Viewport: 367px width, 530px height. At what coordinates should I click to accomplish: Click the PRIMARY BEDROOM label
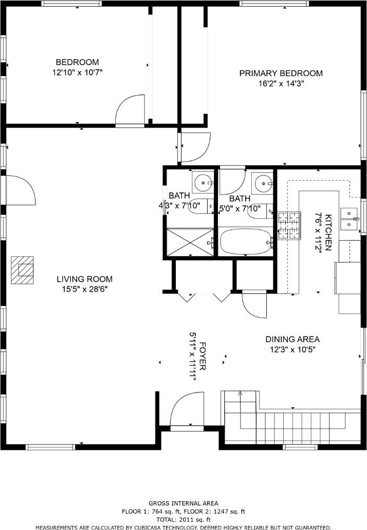point(281,74)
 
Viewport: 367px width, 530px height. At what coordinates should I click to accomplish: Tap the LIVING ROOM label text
point(84,279)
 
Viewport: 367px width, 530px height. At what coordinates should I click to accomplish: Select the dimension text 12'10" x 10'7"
point(77,73)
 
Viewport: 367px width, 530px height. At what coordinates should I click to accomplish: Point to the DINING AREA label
point(292,340)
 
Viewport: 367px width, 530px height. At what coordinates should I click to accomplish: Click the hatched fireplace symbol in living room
point(22,271)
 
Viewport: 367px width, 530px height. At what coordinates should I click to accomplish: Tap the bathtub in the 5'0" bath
point(246,241)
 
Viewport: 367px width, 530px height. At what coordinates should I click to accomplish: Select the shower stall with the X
point(190,242)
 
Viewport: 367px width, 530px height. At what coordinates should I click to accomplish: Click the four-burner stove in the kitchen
point(289,225)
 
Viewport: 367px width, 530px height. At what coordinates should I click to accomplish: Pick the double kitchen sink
point(349,219)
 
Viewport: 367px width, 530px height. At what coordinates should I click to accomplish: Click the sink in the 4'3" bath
point(203,183)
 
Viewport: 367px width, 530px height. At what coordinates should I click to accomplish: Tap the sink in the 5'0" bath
point(262,183)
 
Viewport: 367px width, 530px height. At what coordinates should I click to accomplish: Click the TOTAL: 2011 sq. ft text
point(183,520)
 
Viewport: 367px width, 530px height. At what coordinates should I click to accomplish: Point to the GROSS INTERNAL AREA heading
point(183,503)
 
